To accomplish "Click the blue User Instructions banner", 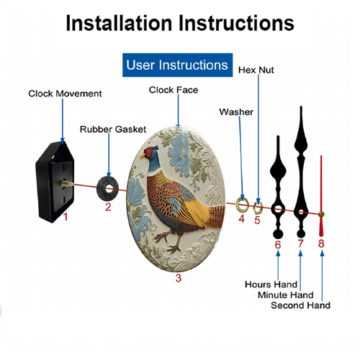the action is [x=177, y=65].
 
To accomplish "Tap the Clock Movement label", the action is [x=65, y=94].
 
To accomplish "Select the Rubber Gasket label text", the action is [x=113, y=130].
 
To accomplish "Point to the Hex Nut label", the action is [x=256, y=70].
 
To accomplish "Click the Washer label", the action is [x=236, y=112].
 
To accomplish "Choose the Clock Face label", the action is [x=174, y=90].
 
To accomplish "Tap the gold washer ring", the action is [x=237, y=204].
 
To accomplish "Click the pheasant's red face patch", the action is [x=148, y=153].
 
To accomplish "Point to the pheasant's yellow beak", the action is [x=142, y=156].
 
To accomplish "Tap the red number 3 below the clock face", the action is [x=179, y=278].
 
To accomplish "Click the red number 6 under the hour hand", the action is [x=278, y=245].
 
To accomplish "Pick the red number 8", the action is [x=321, y=243].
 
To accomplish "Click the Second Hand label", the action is [x=300, y=305].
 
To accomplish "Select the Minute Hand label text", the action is [x=286, y=295].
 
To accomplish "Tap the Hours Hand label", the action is [x=271, y=284].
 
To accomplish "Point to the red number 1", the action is [x=66, y=217].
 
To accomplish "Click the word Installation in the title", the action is [x=119, y=23].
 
